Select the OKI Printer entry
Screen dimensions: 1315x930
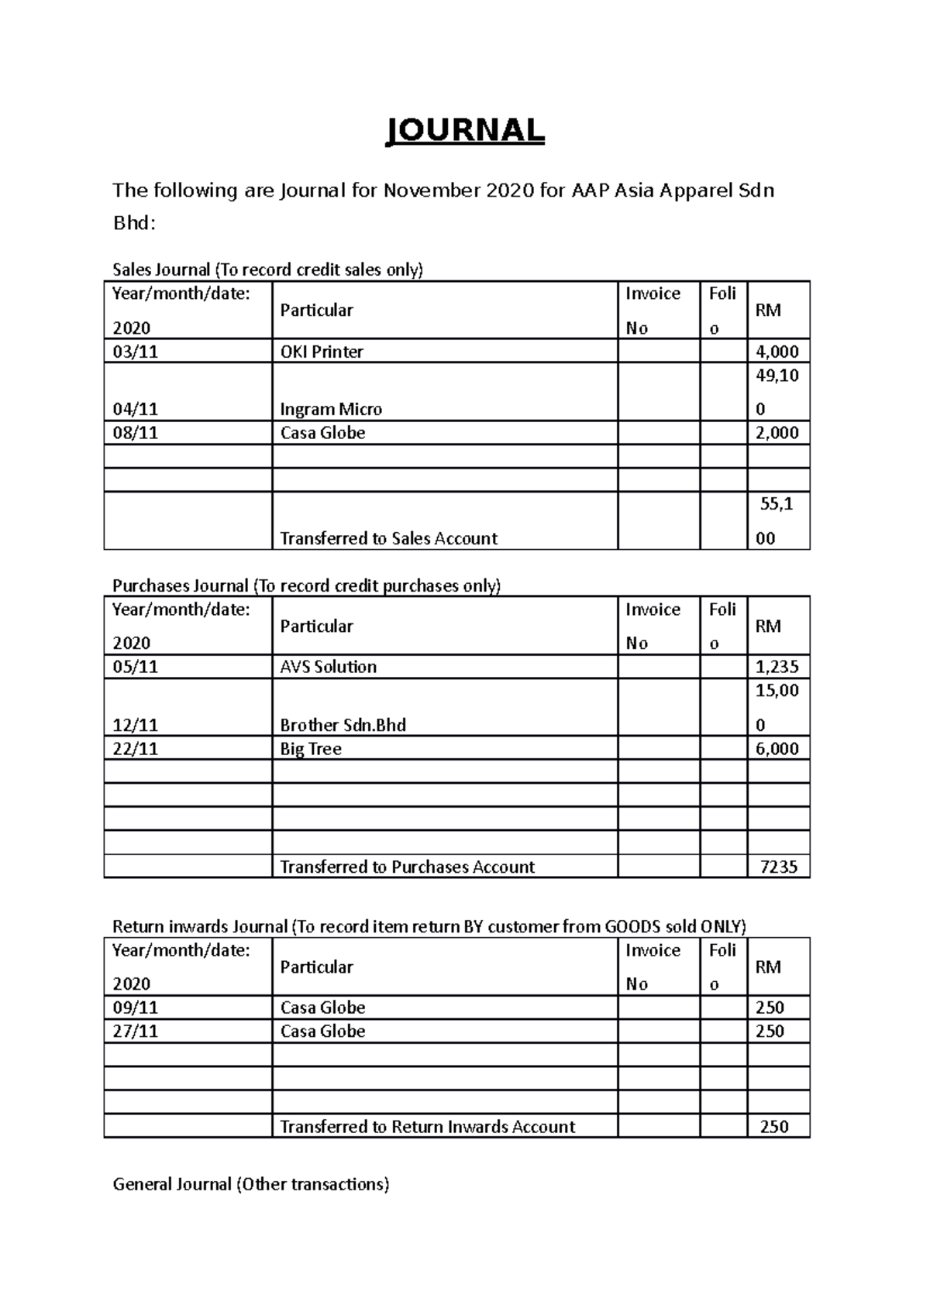coord(322,352)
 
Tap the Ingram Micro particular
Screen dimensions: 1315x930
coord(331,409)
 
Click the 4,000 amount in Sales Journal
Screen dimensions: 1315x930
coord(777,352)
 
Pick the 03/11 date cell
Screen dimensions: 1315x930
coord(136,352)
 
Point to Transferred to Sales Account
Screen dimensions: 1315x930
coord(388,538)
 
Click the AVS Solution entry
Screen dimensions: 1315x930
coord(328,667)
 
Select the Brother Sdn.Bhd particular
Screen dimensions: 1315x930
coord(343,725)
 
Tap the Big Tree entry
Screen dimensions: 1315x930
coord(311,749)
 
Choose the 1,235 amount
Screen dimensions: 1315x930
coord(777,667)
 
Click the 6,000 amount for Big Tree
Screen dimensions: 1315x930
coord(777,749)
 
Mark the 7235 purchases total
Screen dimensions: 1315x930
coord(778,867)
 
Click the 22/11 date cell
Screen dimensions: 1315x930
coord(136,749)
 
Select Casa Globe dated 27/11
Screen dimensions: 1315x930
coord(322,1031)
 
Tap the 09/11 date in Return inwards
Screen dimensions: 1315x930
coord(136,1008)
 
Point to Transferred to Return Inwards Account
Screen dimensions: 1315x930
coord(427,1127)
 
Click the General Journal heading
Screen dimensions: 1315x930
coord(250,1184)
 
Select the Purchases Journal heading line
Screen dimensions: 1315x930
coord(307,585)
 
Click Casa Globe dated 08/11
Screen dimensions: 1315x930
coord(322,433)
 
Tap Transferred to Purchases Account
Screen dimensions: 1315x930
coord(407,867)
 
